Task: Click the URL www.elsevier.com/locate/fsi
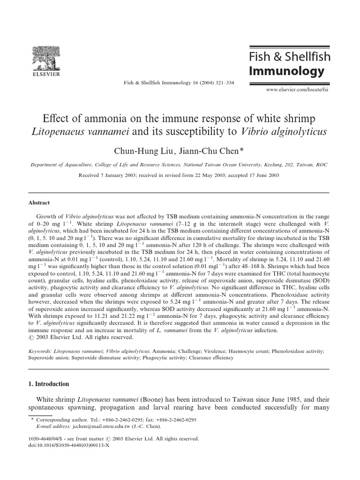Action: point(296,88)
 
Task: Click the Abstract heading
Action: point(40,203)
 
